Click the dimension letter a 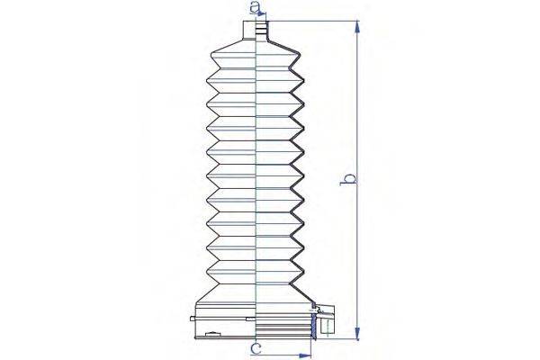coord(256,10)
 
